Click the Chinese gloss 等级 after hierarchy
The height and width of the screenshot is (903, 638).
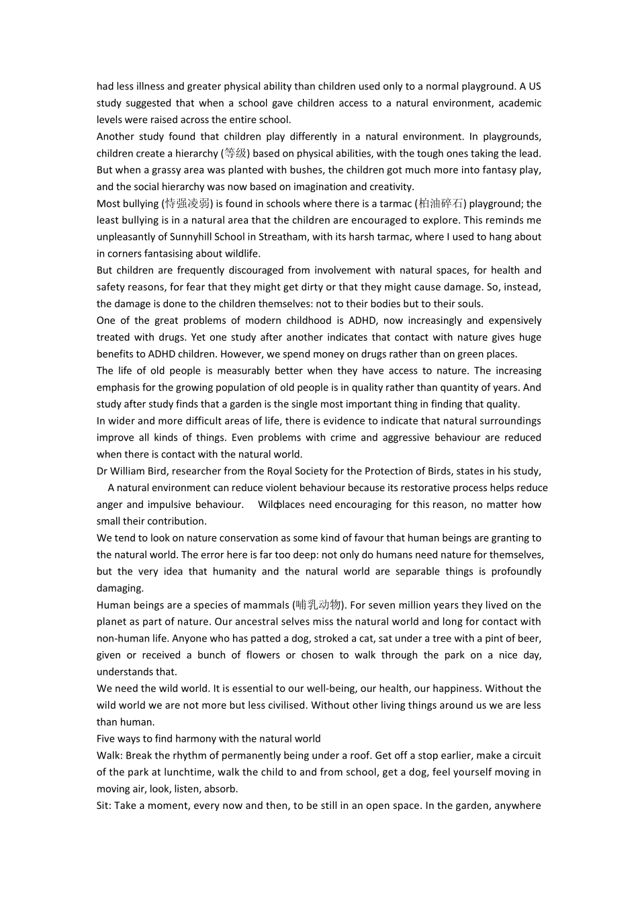(x=235, y=153)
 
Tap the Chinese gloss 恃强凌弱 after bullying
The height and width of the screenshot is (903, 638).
(x=187, y=204)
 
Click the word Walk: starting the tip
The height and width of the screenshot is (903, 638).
(x=109, y=755)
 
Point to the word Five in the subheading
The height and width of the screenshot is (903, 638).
(x=107, y=738)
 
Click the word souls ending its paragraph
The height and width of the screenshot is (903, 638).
(x=469, y=304)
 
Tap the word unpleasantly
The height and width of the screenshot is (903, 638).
(x=124, y=236)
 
